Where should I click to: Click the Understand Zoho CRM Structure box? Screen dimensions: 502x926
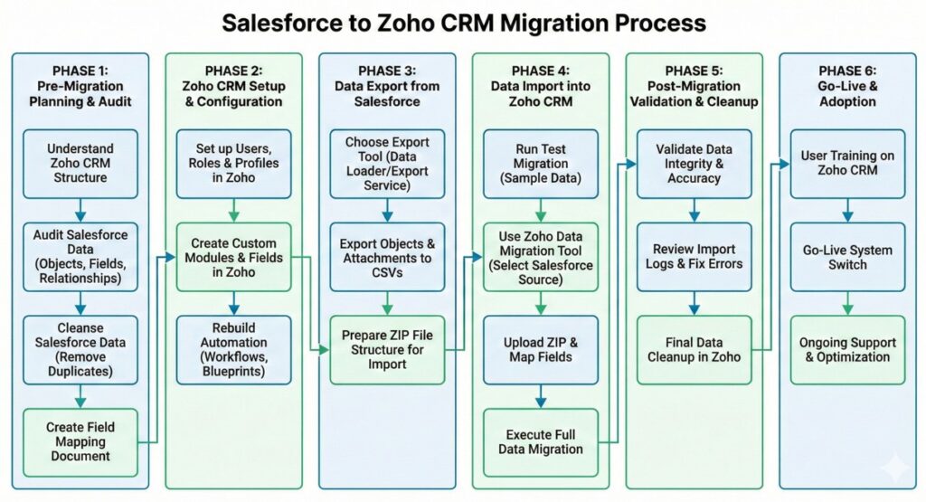click(x=80, y=164)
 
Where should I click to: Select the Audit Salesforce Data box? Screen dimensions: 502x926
click(x=80, y=257)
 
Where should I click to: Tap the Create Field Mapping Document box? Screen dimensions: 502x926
click(x=80, y=442)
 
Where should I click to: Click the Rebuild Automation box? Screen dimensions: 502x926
click(x=233, y=350)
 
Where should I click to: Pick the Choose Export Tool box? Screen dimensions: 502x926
click(x=387, y=164)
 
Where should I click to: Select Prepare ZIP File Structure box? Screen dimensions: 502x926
click(x=387, y=350)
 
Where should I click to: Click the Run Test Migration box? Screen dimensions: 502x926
click(x=541, y=164)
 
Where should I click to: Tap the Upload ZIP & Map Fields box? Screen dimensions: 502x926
click(x=541, y=350)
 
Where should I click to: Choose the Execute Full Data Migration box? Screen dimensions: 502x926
click(x=541, y=442)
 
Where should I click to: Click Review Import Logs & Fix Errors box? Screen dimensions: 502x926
click(x=694, y=257)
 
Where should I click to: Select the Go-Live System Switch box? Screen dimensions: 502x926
click(x=847, y=257)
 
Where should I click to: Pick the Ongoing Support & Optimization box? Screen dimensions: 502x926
click(x=847, y=350)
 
